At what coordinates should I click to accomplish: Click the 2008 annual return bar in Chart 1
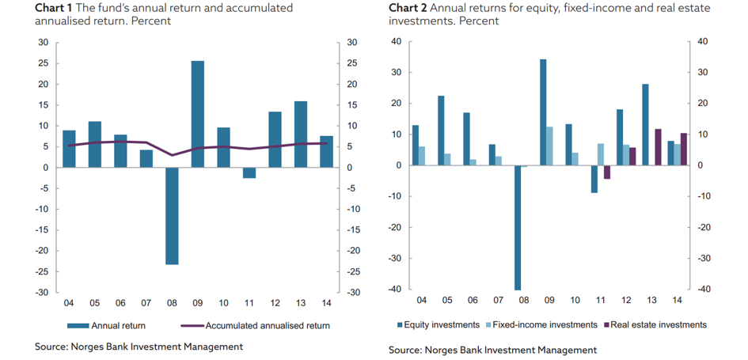coord(172,215)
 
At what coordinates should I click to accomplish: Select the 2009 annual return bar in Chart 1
coord(198,114)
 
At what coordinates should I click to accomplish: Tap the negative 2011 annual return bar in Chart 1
coord(249,172)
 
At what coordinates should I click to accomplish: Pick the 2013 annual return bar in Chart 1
coord(301,135)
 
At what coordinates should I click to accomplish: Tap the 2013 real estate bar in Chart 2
coord(658,147)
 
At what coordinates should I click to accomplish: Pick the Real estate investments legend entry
coord(655,324)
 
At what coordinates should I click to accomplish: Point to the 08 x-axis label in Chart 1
coord(172,303)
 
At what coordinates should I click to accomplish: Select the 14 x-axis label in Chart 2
coord(678,301)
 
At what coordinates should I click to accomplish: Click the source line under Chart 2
coord(492,350)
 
